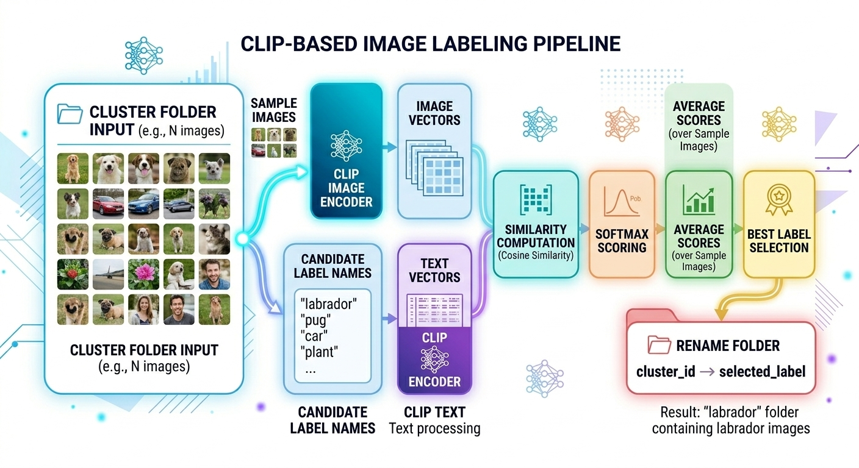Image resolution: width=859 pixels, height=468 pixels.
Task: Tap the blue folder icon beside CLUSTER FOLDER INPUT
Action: pos(70,113)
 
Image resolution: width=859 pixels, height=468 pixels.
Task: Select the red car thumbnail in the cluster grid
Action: pos(108,204)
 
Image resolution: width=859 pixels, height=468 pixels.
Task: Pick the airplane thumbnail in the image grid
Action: pos(108,274)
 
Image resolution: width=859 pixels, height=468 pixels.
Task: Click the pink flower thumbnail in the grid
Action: pos(143,274)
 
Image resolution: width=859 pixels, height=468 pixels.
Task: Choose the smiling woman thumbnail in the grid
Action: pos(143,310)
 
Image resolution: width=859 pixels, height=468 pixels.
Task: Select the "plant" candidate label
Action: pos(319,352)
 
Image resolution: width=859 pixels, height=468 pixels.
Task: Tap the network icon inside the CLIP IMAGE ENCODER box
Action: pos(346,146)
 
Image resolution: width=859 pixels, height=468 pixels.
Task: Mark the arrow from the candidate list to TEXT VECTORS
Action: pos(389,319)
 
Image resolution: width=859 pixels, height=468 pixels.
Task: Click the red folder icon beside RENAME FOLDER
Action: pos(659,346)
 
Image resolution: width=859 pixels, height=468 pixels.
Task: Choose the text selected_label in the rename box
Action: pos(762,371)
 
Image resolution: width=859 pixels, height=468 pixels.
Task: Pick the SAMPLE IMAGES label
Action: pos(273,110)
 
